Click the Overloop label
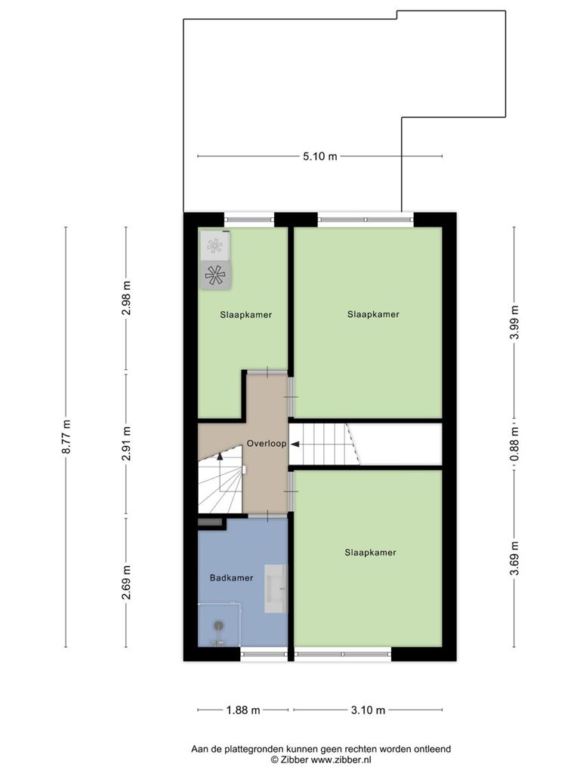pos(267,444)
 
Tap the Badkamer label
pos(231,577)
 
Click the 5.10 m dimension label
pos(320,156)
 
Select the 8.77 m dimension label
pos(66,437)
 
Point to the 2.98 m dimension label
pos(127,297)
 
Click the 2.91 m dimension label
pos(127,443)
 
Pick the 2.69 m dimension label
pos(127,583)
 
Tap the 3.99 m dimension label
pos(515,322)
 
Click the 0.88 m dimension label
pos(515,444)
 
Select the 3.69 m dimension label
pos(515,558)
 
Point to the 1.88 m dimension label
pos(243,710)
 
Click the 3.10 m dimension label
pos(368,710)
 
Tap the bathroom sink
pos(276,589)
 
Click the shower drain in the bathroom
pos(218,626)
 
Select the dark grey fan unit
pos(215,275)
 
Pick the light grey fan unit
pos(215,245)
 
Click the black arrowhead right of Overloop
pos(295,444)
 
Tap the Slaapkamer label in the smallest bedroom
pos(246,315)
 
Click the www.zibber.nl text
pos(341,759)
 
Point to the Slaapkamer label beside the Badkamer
pos(370,553)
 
